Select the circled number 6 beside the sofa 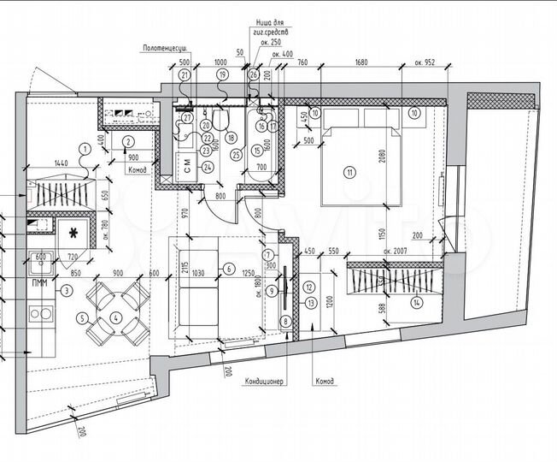(x=228, y=269)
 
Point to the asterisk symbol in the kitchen (x=73, y=233)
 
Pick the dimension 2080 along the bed (x=407, y=157)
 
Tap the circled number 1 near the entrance (x=84, y=147)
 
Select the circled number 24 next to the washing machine (x=207, y=167)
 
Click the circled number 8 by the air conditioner (x=284, y=322)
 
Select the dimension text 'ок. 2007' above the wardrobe (x=397, y=251)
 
